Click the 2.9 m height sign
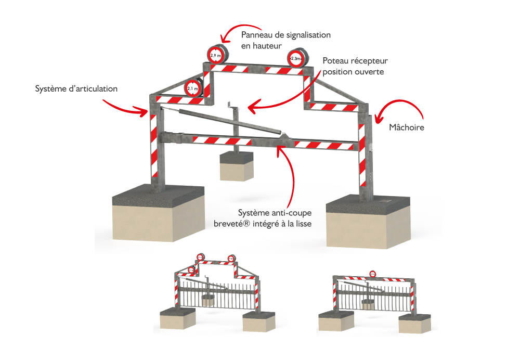215,55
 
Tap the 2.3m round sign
295,59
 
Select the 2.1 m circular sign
192,89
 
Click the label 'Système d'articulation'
76,89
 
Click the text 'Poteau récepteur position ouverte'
353,66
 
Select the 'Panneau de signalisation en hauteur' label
285,40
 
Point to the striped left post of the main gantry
154,146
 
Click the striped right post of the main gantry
362,156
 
